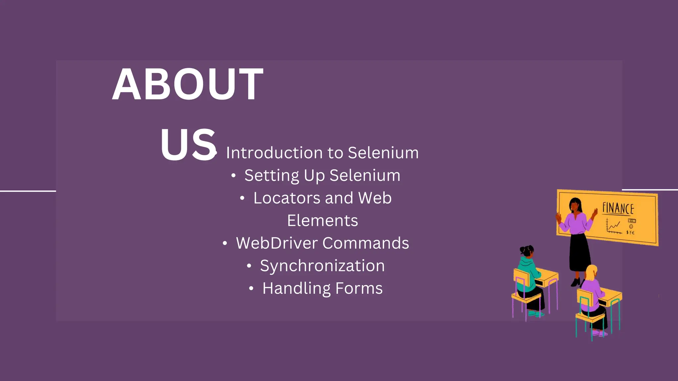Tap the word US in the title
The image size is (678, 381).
click(x=188, y=145)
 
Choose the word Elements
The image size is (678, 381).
click(x=322, y=221)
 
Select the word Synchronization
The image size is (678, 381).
click(x=322, y=266)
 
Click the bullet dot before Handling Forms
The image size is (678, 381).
click(x=251, y=289)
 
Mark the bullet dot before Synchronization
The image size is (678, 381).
click(x=249, y=266)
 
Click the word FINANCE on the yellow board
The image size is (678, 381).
click(x=618, y=208)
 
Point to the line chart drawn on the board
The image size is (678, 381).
click(x=613, y=226)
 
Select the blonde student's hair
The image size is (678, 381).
click(x=591, y=272)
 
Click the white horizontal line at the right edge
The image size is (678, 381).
click(x=650, y=190)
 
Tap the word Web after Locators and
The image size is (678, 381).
click(x=375, y=198)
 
